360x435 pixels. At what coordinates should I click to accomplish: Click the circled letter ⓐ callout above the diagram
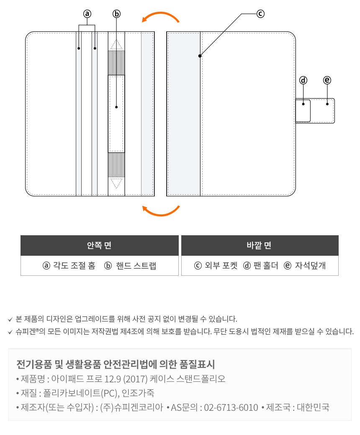click(x=87, y=14)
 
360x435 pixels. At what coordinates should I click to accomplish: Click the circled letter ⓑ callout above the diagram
click(x=116, y=14)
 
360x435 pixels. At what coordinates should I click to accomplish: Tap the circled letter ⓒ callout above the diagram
click(x=260, y=14)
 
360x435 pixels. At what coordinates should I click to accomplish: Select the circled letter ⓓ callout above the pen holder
click(x=303, y=80)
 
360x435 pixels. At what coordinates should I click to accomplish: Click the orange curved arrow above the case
click(x=161, y=18)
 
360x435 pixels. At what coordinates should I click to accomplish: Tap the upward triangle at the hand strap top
click(x=116, y=44)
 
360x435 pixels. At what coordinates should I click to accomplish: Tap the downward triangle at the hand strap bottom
click(x=116, y=183)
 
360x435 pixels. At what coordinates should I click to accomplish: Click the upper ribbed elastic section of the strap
click(x=116, y=63)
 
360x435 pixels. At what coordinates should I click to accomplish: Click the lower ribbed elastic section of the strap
click(x=116, y=165)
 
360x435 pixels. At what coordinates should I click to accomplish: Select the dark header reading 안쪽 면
click(x=100, y=246)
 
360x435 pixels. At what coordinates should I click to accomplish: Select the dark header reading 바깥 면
click(x=260, y=246)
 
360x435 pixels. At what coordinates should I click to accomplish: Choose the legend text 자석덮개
click(x=310, y=266)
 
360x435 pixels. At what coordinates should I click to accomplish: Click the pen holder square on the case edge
click(x=303, y=111)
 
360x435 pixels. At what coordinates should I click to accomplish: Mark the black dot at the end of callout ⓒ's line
click(x=200, y=56)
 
